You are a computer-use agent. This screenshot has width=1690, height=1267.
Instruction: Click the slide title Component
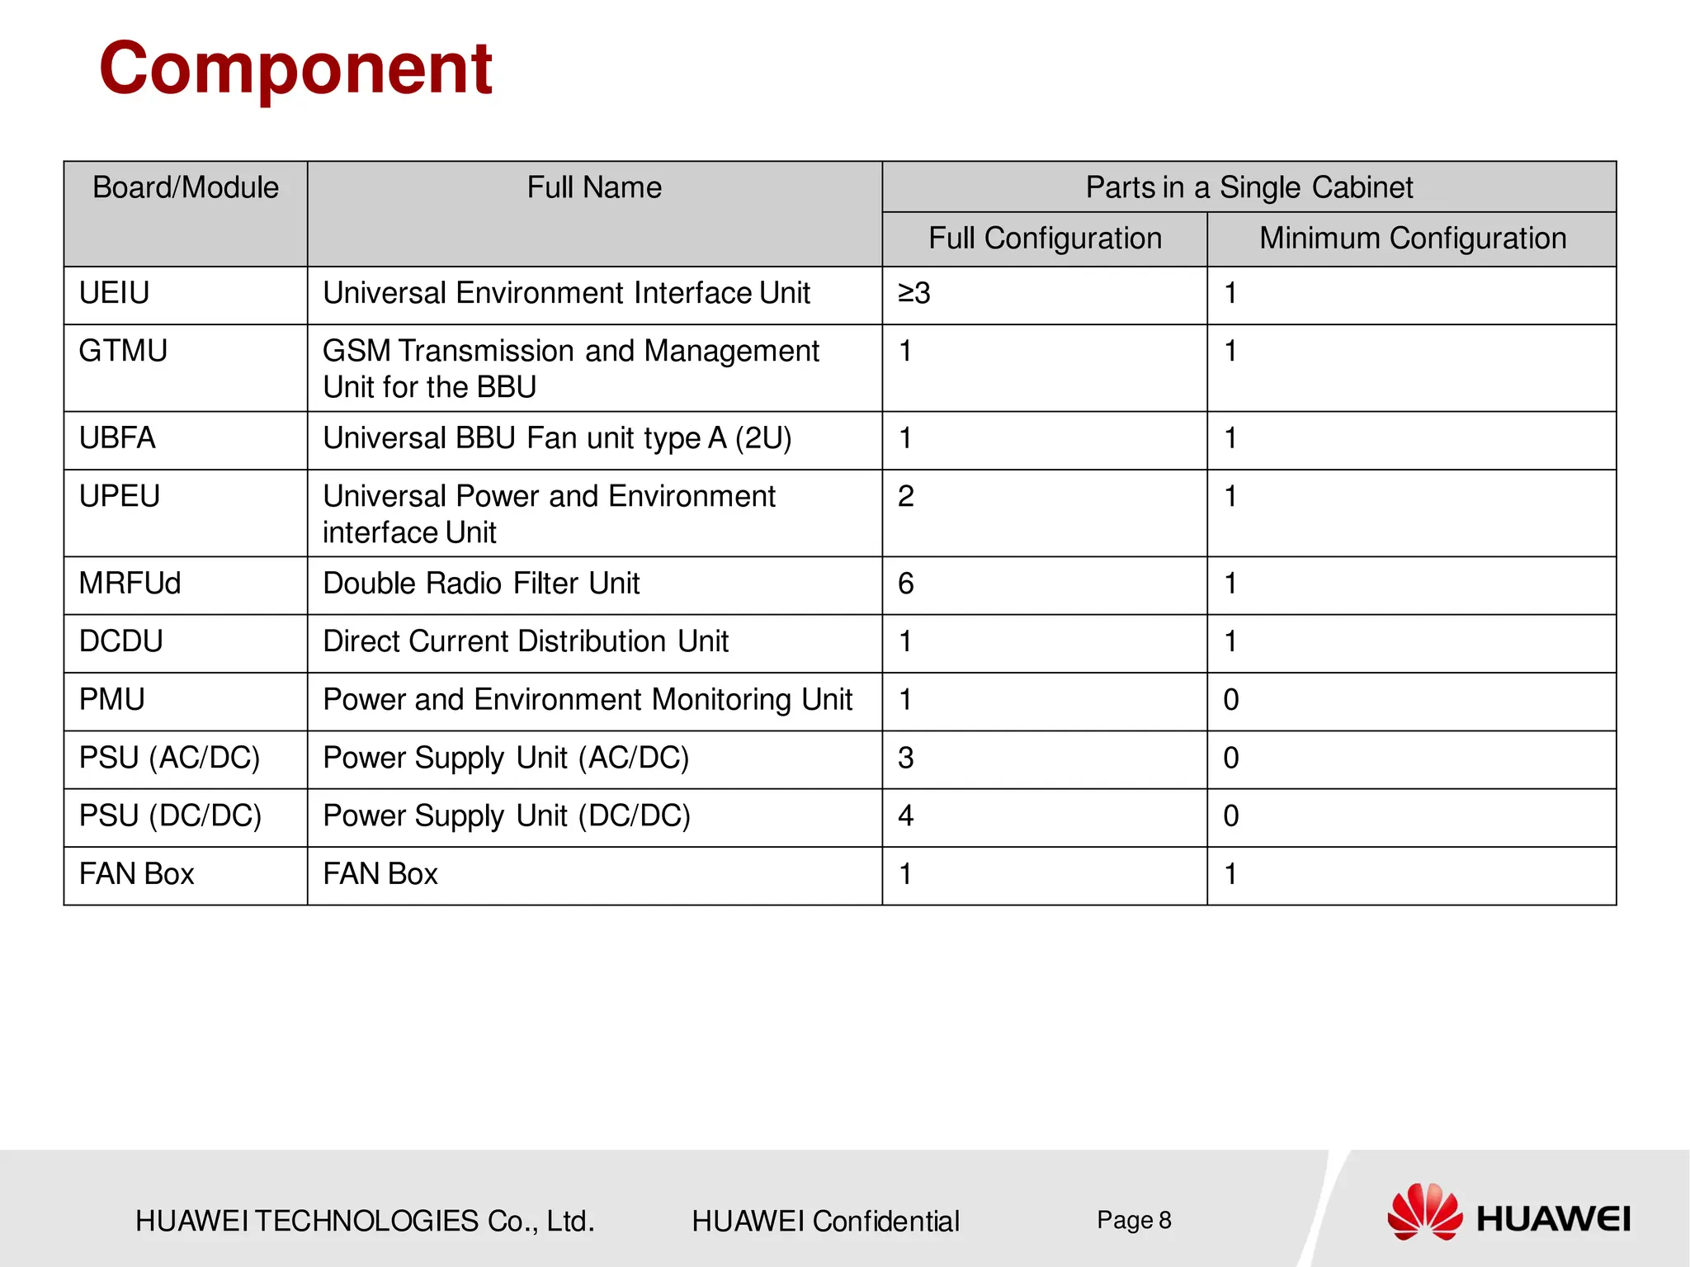tap(295, 69)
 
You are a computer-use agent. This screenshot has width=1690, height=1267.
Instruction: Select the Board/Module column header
tap(186, 187)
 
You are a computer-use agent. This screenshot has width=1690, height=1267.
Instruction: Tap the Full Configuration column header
tap(1045, 239)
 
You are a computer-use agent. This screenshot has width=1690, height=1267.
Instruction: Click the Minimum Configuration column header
tap(1412, 239)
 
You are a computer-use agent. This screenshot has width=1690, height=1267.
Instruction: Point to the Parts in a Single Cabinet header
tap(1249, 187)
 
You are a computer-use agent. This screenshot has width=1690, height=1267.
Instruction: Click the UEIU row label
tap(115, 293)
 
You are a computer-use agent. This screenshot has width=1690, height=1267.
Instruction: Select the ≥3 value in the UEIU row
tap(913, 293)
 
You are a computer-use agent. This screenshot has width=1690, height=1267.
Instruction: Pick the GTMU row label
tap(123, 351)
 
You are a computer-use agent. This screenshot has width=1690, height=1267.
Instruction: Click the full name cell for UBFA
tap(557, 438)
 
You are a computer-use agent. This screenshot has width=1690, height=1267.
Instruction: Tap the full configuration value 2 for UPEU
tap(905, 497)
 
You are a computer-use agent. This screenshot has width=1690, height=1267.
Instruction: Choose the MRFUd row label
tap(130, 584)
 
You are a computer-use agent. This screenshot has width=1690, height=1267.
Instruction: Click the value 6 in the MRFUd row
tap(905, 584)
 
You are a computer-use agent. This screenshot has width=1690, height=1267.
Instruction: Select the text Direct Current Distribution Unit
tap(526, 641)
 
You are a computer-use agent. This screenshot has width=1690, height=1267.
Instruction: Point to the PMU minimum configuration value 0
tap(1230, 700)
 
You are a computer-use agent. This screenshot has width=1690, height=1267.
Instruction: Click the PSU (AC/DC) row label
tap(169, 758)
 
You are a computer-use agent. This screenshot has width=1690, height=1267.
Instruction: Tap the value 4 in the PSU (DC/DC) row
tap(905, 816)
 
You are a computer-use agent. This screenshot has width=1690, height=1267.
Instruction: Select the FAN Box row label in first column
tap(136, 874)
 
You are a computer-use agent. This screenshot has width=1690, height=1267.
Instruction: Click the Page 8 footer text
tap(1134, 1220)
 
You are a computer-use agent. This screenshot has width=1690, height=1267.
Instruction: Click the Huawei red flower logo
tap(1423, 1212)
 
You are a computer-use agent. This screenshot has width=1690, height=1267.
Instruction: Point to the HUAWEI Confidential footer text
tap(825, 1221)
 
